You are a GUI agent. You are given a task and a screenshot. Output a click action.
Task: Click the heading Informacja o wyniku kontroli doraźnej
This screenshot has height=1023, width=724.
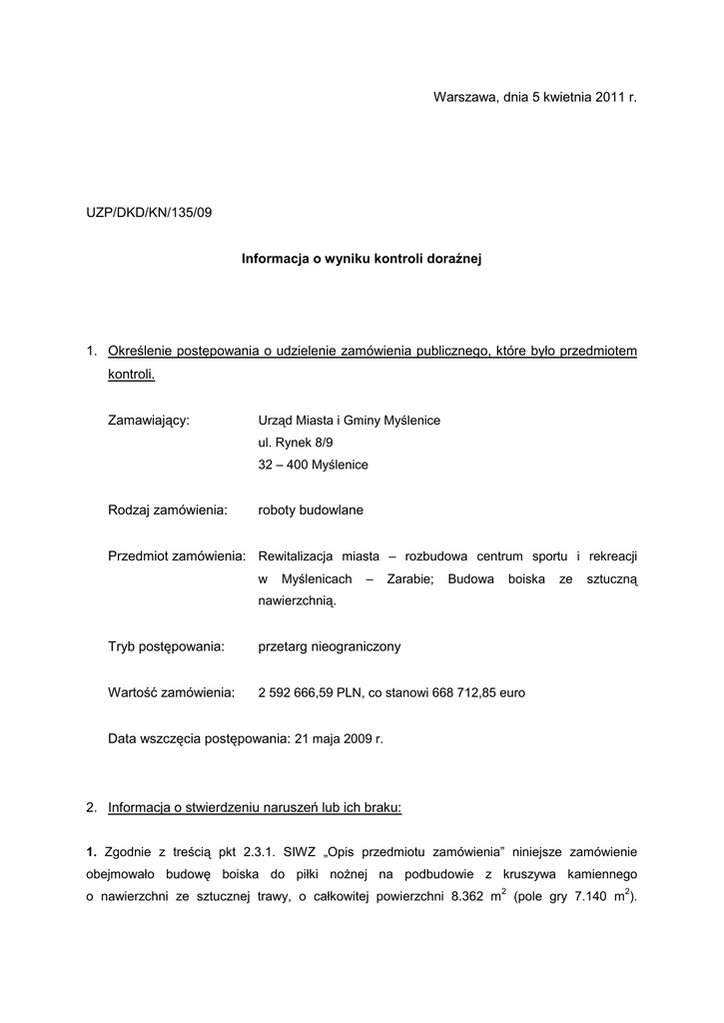pyautogui.click(x=362, y=259)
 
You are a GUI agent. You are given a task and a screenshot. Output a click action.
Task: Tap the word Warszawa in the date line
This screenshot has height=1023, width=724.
pyautogui.click(x=464, y=97)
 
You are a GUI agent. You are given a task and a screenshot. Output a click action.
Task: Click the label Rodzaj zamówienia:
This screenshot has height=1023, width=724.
pyautogui.click(x=168, y=511)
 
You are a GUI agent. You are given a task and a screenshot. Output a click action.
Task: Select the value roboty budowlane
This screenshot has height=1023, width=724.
pyautogui.click(x=311, y=511)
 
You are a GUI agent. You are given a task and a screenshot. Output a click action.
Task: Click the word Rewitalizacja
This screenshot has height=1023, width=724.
pyautogui.click(x=299, y=555)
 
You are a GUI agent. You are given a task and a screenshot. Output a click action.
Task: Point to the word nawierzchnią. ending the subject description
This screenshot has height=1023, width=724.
pyautogui.click(x=298, y=601)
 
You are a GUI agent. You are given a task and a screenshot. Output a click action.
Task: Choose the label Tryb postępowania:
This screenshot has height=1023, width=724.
pyautogui.click(x=165, y=646)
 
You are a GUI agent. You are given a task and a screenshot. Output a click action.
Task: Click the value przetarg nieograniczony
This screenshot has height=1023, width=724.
pyautogui.click(x=329, y=646)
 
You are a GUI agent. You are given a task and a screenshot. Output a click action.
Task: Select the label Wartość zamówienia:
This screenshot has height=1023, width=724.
pyautogui.click(x=171, y=692)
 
